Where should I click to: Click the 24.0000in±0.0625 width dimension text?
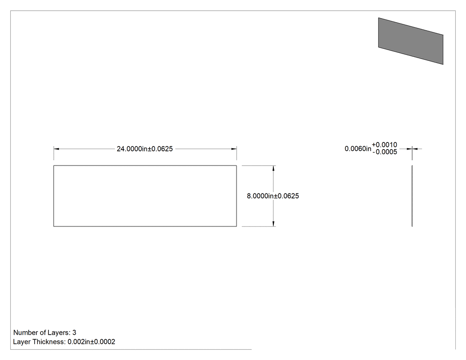point(145,149)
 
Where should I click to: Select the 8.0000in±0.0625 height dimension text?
point(273,196)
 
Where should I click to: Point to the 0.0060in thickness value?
point(358,149)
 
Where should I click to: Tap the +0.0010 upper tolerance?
point(385,145)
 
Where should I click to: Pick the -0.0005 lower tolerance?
point(385,152)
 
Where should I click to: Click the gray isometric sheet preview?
point(411,41)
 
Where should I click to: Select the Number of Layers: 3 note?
point(44,332)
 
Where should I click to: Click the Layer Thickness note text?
point(64,342)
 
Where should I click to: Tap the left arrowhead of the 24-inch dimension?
point(56,149)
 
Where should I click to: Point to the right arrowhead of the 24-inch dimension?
point(234,149)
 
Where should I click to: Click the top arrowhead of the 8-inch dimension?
point(273,168)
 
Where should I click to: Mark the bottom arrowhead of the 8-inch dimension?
point(273,224)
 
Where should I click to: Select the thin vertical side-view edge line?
point(412,196)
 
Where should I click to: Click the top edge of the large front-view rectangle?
point(145,166)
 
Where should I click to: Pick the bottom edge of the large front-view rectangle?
point(145,226)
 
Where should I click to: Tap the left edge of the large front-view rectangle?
point(54,196)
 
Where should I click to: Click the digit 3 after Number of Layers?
point(74,332)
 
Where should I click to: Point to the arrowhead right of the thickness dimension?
point(415,149)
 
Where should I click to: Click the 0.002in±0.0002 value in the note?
point(91,342)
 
